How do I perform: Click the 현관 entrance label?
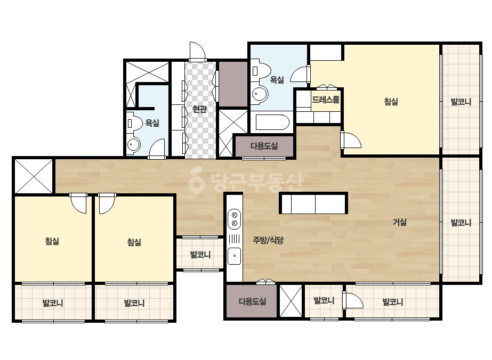tap(199, 109)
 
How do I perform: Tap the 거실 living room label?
tap(400, 222)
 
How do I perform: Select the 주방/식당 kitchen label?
tap(268, 240)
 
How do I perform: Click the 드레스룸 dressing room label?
tap(326, 100)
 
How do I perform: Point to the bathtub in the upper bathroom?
tap(272, 122)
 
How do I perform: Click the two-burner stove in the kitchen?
tap(234, 219)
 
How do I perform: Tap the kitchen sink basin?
tap(234, 256)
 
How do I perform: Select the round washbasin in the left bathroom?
tap(134, 145)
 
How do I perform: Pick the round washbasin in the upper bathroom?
tap(260, 94)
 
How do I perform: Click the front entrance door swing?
tap(197, 52)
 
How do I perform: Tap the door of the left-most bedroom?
tap(78, 203)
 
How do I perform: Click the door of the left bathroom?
tap(157, 149)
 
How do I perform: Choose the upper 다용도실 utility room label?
tap(264, 146)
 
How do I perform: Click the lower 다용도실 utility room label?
tap(253, 301)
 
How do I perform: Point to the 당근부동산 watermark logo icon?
tap(197, 180)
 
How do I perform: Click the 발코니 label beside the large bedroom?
tap(461, 102)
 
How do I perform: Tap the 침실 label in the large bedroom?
tap(391, 102)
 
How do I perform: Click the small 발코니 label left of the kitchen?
tap(200, 255)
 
